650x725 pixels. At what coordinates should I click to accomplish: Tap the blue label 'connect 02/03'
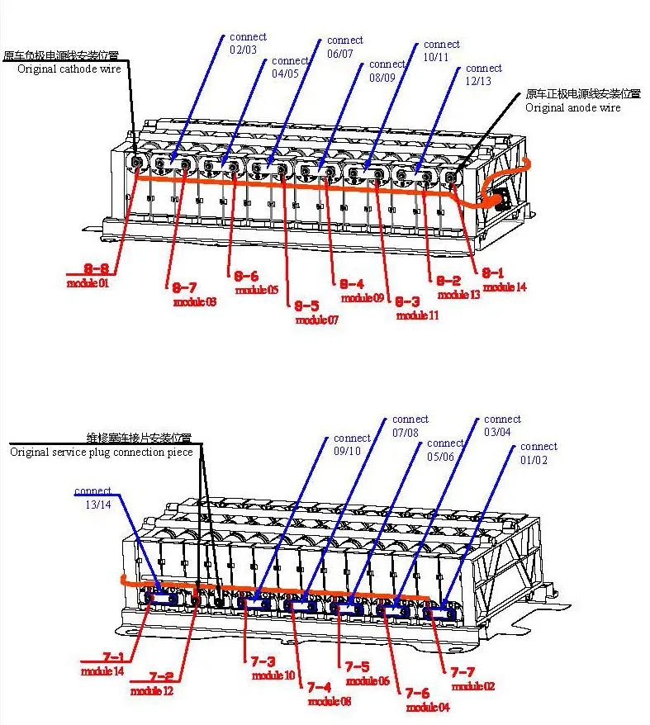tap(248, 44)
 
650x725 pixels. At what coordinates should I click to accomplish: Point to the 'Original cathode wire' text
tap(69, 69)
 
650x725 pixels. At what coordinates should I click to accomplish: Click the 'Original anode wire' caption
tap(573, 107)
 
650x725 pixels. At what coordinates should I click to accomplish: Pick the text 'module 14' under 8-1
tap(505, 287)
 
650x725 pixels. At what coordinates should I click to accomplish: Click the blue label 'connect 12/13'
tap(483, 75)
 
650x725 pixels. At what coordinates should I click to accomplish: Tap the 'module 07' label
tap(317, 320)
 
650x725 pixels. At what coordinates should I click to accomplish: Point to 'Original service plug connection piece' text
tap(101, 453)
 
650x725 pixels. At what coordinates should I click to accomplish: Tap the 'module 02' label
tap(473, 686)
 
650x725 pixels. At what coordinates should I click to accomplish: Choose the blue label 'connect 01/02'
tap(539, 453)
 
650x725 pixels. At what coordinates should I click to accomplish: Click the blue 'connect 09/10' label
tap(352, 445)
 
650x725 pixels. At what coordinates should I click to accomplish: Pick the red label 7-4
tap(319, 687)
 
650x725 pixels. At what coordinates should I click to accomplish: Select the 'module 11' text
tap(417, 315)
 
